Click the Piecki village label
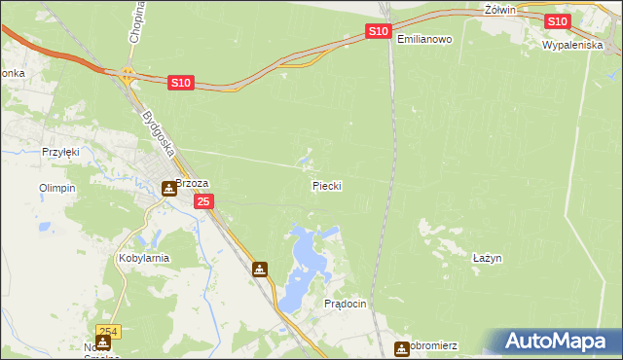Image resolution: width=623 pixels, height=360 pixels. tap(327, 185)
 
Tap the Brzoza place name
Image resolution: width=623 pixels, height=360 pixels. tap(192, 182)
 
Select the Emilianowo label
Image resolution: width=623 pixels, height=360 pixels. tap(425, 39)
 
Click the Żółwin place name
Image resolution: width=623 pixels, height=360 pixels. tap(498, 9)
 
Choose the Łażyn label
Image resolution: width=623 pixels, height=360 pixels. tap(487, 258)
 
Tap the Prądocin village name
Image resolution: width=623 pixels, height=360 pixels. tap(345, 304)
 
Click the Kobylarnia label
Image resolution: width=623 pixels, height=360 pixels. tap(144, 258)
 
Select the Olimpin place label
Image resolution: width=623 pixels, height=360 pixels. tap(56, 188)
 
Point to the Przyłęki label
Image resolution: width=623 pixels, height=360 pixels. tap(60, 152)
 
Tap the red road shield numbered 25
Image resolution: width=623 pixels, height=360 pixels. tap(202, 201)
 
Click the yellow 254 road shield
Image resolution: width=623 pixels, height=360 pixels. tap(108, 332)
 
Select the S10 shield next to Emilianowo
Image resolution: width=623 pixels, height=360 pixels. tap(380, 32)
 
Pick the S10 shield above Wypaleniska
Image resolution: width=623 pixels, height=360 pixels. tap(557, 21)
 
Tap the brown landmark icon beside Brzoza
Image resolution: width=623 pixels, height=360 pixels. tap(169, 188)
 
